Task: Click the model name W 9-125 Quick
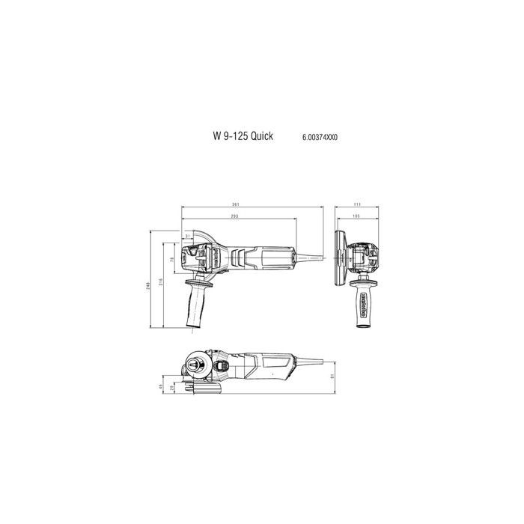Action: (243, 137)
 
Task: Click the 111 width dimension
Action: (359, 204)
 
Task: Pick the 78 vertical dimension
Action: (172, 259)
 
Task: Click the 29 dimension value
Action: (173, 389)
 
